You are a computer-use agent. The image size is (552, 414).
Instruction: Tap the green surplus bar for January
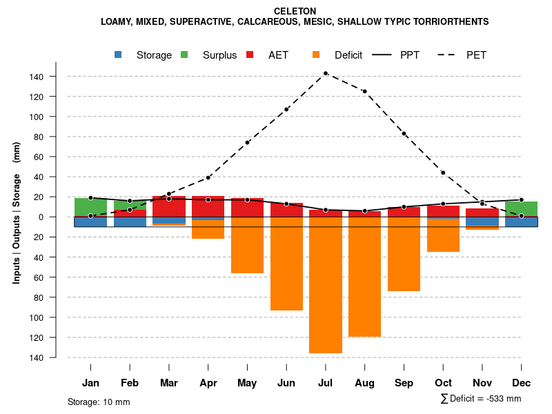[90, 207]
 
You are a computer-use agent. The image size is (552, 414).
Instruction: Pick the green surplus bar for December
[521, 209]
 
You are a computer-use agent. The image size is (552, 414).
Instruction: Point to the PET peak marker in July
[326, 73]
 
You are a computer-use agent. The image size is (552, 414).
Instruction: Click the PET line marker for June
[286, 109]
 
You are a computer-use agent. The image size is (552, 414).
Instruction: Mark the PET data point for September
[404, 133]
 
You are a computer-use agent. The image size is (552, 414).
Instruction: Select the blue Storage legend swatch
[119, 55]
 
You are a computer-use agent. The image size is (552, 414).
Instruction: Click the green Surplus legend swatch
[184, 55]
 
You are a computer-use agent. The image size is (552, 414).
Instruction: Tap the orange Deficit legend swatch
[316, 55]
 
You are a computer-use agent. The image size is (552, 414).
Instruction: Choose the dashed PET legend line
[448, 55]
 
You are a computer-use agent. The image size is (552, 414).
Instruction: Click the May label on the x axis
[247, 383]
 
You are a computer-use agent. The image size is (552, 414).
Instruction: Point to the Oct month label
[443, 383]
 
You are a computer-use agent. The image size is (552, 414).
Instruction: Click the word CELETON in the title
[295, 11]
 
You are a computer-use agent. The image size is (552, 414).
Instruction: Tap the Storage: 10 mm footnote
[99, 402]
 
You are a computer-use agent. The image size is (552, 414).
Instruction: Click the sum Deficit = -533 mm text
[481, 399]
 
